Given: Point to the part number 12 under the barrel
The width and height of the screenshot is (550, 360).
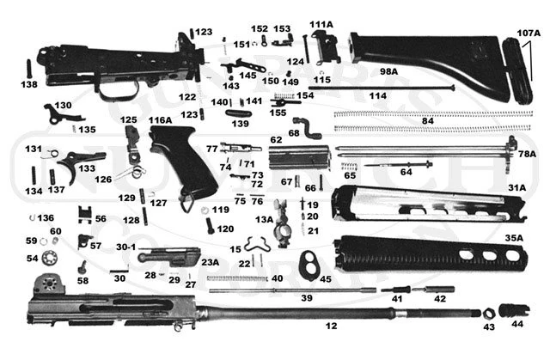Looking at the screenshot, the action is click(331, 326).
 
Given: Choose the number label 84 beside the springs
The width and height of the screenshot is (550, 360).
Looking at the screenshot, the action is click(427, 121).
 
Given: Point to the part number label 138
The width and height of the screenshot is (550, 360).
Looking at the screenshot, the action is click(29, 85).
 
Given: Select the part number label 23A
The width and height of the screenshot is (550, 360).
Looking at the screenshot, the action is click(210, 263).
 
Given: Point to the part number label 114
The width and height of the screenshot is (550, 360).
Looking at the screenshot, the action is click(377, 96).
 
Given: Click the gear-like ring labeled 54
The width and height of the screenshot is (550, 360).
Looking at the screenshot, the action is click(52, 259).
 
